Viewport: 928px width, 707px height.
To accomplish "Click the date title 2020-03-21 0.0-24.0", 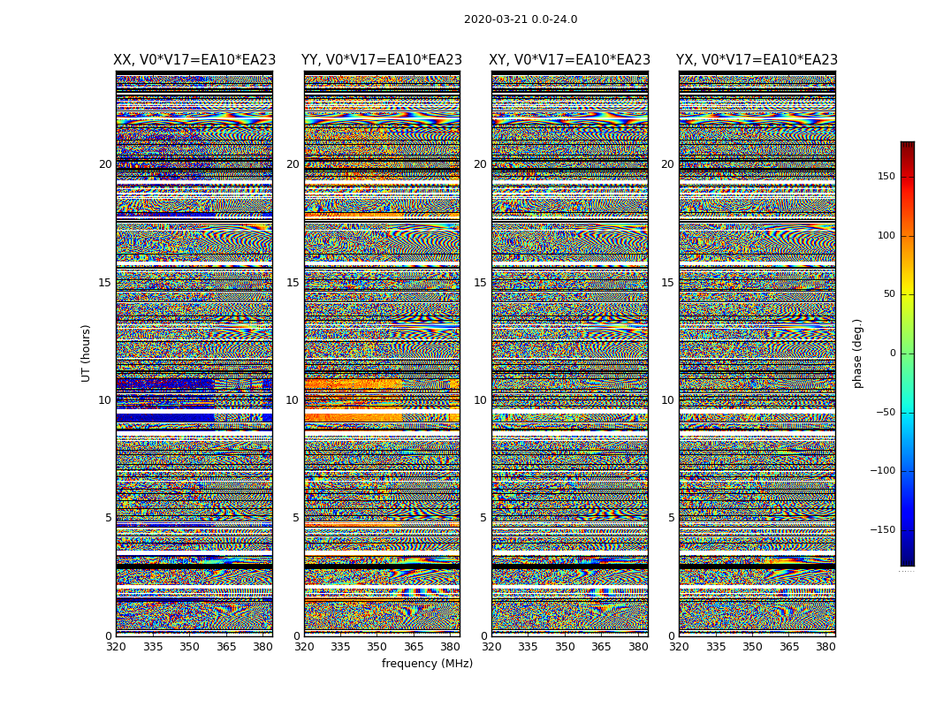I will click(521, 19).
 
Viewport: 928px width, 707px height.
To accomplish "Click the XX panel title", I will click(194, 60).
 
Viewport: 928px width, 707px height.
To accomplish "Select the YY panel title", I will click(382, 60).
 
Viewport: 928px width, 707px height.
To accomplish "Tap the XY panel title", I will click(570, 60).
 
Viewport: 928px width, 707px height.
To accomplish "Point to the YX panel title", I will click(757, 60).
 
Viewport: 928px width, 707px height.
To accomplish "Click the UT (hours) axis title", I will click(87, 353).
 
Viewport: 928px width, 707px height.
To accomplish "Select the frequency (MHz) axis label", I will click(427, 664).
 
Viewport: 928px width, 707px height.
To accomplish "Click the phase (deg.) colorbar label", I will click(857, 353).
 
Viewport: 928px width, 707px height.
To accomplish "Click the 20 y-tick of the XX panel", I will click(105, 164).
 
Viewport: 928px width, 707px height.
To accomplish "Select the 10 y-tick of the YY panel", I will click(293, 400).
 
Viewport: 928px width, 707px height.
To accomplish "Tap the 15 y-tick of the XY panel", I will click(480, 283).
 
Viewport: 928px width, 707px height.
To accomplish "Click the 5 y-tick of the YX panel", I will click(671, 518).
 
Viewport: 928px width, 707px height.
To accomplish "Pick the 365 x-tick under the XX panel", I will click(226, 647).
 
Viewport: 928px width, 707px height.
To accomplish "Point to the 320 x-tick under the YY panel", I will click(304, 647).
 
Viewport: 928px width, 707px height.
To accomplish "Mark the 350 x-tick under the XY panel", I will click(565, 647).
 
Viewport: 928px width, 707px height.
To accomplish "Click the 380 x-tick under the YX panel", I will click(825, 647).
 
